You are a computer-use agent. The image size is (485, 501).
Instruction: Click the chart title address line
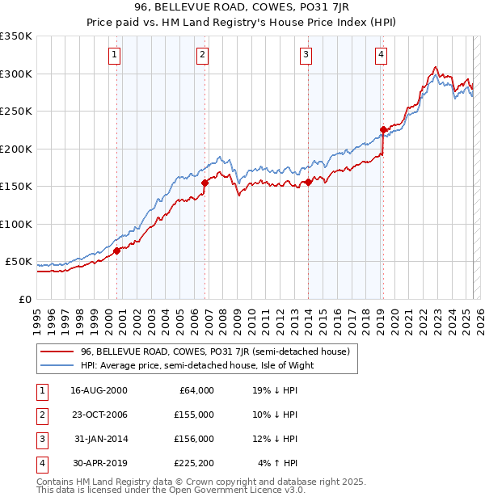click(242, 9)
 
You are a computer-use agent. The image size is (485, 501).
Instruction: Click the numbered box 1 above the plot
click(114, 55)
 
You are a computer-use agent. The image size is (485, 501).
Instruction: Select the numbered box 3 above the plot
click(306, 55)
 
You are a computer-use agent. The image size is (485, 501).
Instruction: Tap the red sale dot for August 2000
click(117, 250)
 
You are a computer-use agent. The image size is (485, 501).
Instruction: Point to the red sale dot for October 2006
click(205, 183)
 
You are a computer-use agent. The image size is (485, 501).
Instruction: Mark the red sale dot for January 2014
click(309, 182)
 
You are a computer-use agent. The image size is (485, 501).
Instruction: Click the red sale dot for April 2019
click(383, 129)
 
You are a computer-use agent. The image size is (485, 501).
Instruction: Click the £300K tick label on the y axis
click(16, 74)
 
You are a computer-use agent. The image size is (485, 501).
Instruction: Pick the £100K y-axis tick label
click(16, 224)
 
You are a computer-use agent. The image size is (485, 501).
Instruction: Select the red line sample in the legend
click(57, 352)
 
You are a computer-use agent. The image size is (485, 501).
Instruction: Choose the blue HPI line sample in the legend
click(57, 365)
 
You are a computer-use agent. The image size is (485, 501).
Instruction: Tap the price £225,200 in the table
click(193, 463)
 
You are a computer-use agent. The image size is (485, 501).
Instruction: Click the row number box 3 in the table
click(40, 439)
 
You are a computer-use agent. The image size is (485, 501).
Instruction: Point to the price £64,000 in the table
click(196, 390)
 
